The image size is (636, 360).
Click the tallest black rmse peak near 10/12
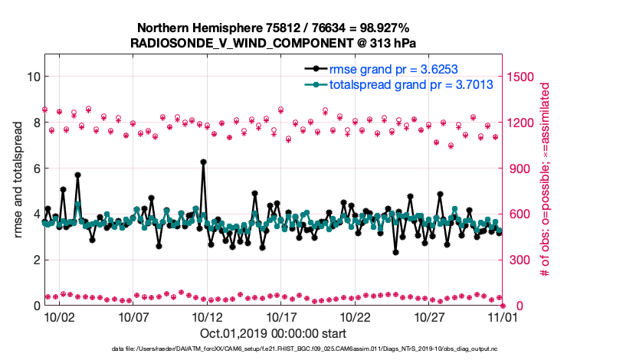click(203, 162)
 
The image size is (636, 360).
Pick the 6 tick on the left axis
click(34, 169)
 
